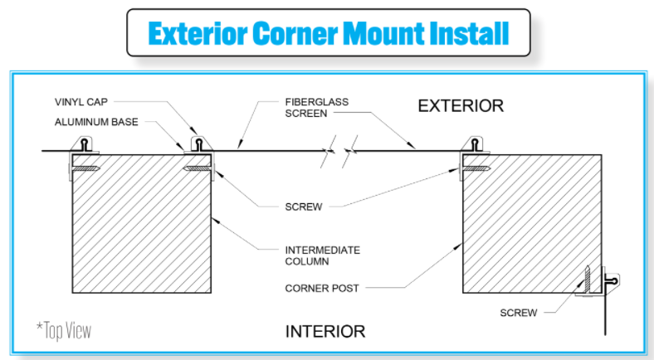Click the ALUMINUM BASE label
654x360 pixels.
click(95, 122)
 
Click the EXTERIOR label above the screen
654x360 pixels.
click(461, 106)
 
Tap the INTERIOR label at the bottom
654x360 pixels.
click(325, 332)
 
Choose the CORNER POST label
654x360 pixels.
click(322, 289)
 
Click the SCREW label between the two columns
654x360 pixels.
click(303, 207)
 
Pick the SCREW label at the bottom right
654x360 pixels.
click(519, 313)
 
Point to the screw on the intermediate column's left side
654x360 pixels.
click(84, 170)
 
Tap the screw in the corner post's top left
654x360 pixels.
click(474, 170)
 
